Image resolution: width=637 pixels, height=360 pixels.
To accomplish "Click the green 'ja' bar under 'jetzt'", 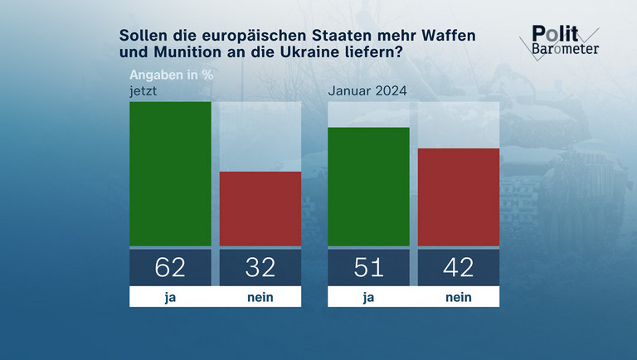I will tap(170, 174).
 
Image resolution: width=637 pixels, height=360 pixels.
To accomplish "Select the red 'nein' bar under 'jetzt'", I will tap(260, 209).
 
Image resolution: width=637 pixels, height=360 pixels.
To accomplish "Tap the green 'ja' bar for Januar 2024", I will tap(369, 187).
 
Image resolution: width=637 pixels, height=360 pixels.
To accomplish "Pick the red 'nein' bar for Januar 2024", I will tap(459, 197).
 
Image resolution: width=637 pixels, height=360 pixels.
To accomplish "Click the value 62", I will tap(170, 267).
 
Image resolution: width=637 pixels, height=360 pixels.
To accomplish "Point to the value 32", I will tap(260, 267).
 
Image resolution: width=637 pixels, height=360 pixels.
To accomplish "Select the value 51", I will tap(369, 267).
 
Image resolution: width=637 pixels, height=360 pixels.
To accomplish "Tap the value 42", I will tap(459, 267).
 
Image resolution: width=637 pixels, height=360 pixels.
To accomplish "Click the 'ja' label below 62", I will tap(170, 296).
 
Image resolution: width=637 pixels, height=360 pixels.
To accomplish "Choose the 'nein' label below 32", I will tap(260, 296).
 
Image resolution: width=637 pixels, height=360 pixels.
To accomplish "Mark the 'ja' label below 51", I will tap(369, 296).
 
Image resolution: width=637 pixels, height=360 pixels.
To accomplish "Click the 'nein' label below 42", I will tap(459, 296).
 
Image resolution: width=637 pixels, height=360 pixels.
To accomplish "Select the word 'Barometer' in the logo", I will tap(565, 49).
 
